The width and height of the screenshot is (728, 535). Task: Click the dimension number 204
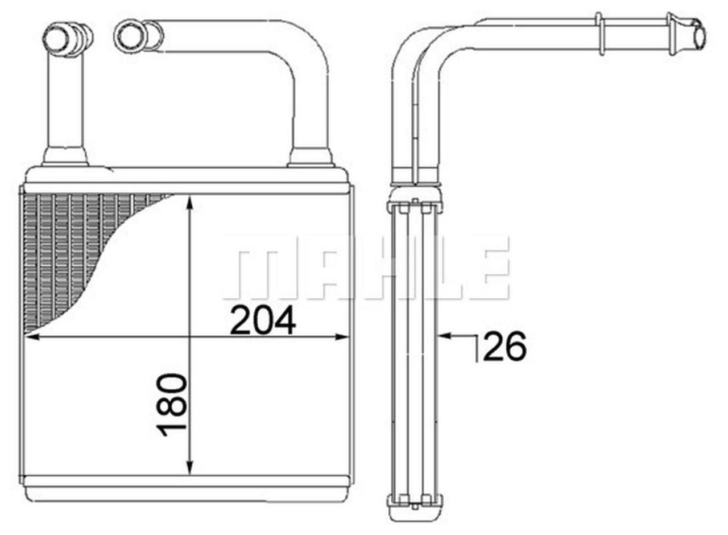[x=263, y=320]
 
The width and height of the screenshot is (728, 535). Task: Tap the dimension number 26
[x=504, y=347]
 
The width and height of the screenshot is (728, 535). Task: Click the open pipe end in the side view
[x=698, y=35]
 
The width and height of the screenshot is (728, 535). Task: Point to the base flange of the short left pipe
[x=65, y=157]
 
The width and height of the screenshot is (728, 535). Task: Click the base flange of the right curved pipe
[x=311, y=158]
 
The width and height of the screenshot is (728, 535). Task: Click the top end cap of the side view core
[x=415, y=200]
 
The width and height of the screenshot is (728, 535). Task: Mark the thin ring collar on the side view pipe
[x=599, y=34]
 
